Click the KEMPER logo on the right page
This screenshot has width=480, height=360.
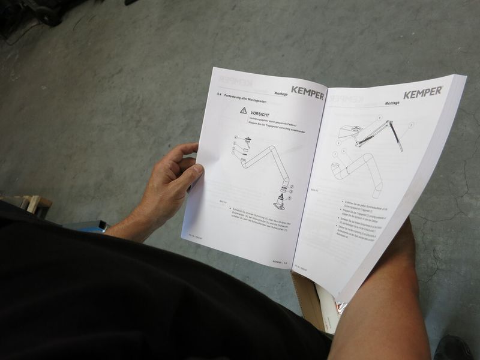[422, 92]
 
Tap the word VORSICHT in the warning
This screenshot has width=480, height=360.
[260, 114]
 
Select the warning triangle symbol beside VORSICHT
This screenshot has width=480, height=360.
[243, 111]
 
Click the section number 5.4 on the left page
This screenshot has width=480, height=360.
[218, 95]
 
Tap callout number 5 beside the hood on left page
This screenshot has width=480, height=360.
[289, 197]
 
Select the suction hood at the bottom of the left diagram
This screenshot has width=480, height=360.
[280, 203]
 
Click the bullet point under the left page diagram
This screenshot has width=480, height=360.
[230, 212]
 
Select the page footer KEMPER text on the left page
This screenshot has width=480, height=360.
[277, 262]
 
